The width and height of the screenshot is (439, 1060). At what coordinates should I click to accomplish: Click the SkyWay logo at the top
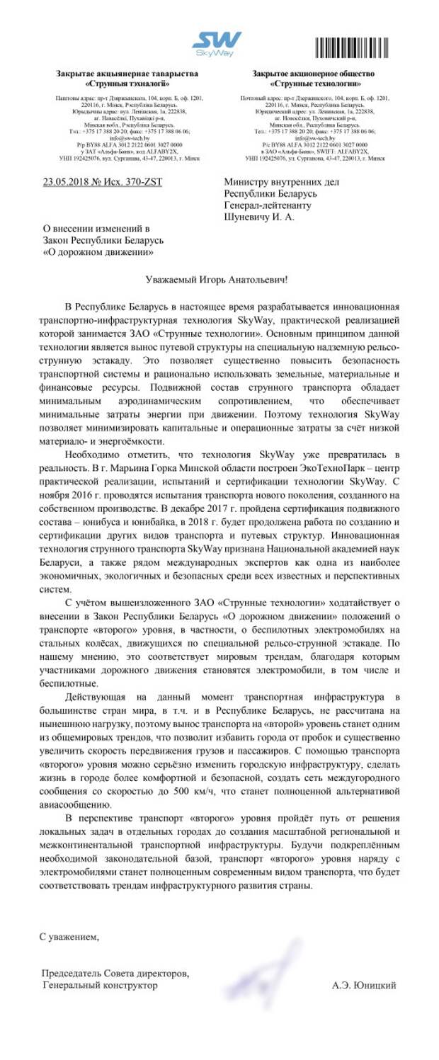[218, 44]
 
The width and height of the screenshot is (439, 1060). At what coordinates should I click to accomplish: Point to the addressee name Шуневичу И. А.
[259, 217]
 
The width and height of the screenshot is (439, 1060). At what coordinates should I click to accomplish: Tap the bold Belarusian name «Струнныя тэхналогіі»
[127, 84]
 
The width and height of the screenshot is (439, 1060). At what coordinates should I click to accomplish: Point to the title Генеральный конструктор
[100, 985]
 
